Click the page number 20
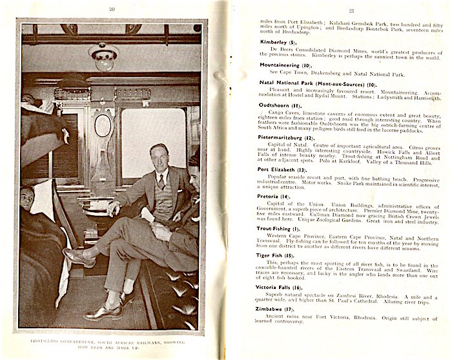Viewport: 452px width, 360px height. [x=112, y=9]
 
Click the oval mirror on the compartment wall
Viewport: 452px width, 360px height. [x=103, y=125]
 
